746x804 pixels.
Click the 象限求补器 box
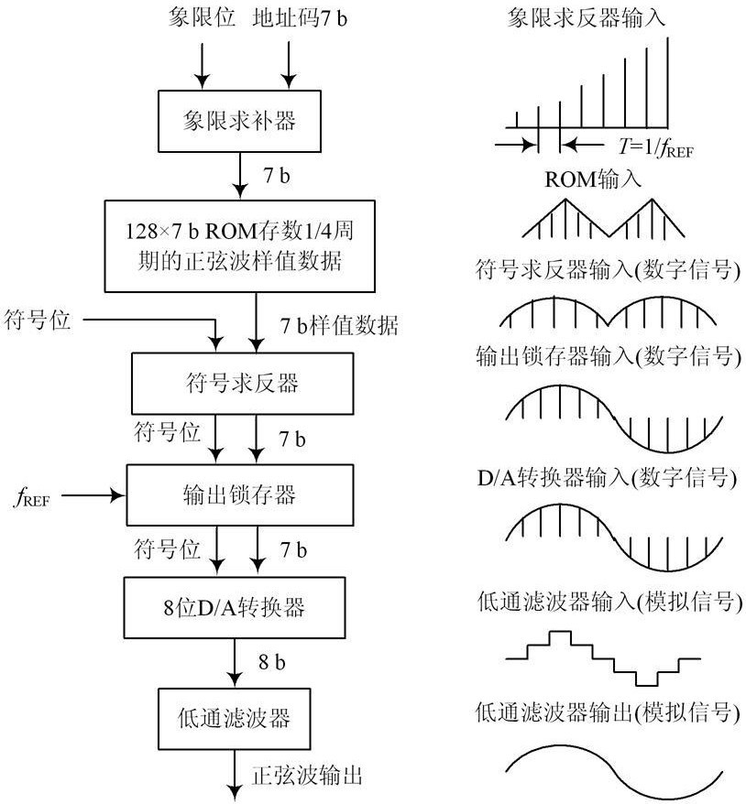pyautogui.click(x=239, y=121)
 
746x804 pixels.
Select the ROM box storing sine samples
pyautogui.click(x=239, y=246)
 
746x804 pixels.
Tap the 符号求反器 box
pyautogui.click(x=242, y=383)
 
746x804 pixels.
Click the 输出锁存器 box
pyautogui.click(x=239, y=494)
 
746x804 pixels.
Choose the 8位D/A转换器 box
pyautogui.click(x=235, y=608)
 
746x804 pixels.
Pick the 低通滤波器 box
pyautogui.click(x=234, y=719)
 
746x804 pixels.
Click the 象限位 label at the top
pyautogui.click(x=202, y=18)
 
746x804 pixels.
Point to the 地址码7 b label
pyautogui.click(x=300, y=18)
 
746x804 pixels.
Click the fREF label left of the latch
pyautogui.click(x=32, y=497)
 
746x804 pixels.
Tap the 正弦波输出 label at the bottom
pyautogui.click(x=307, y=775)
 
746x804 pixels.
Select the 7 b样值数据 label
pyautogui.click(x=338, y=325)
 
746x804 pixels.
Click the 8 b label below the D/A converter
pyautogui.click(x=272, y=661)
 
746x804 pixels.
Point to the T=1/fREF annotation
pyautogui.click(x=655, y=147)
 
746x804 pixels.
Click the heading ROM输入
pyautogui.click(x=593, y=179)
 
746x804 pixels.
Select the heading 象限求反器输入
pyautogui.click(x=586, y=17)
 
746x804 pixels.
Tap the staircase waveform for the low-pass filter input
pyautogui.click(x=603, y=658)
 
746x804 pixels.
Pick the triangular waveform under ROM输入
pyautogui.click(x=603, y=219)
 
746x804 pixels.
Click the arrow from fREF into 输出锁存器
pyautogui.click(x=93, y=495)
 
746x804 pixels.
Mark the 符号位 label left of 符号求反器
pyautogui.click(x=37, y=320)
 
